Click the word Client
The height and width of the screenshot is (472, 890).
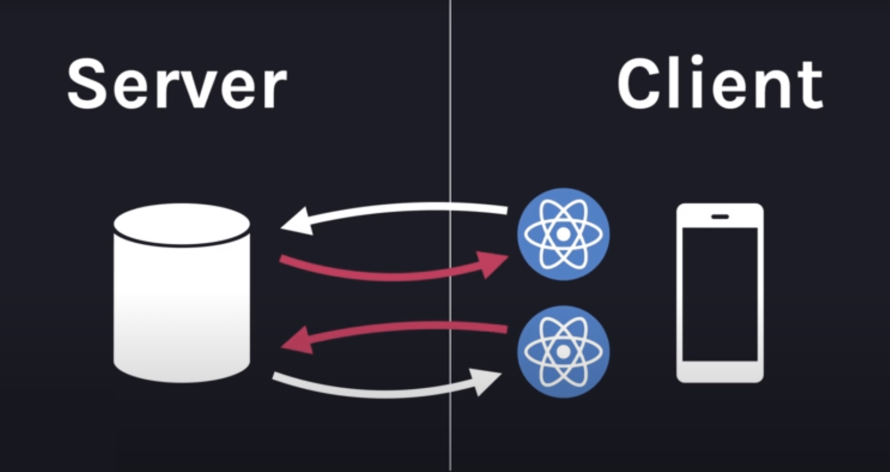[x=720, y=84]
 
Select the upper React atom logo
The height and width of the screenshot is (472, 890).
[x=563, y=234]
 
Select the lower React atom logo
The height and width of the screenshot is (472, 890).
[x=563, y=351]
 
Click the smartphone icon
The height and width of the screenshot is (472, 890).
[x=720, y=293]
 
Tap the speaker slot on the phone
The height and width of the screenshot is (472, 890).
[x=720, y=216]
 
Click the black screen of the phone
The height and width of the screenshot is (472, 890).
[x=720, y=293]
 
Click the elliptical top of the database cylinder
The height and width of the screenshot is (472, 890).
[x=182, y=224]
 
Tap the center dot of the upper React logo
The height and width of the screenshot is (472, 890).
[x=563, y=234]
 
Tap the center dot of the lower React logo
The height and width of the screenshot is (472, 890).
[x=563, y=351]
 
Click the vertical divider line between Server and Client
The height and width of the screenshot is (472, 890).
[x=450, y=133]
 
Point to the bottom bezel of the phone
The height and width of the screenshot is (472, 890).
[x=720, y=372]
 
